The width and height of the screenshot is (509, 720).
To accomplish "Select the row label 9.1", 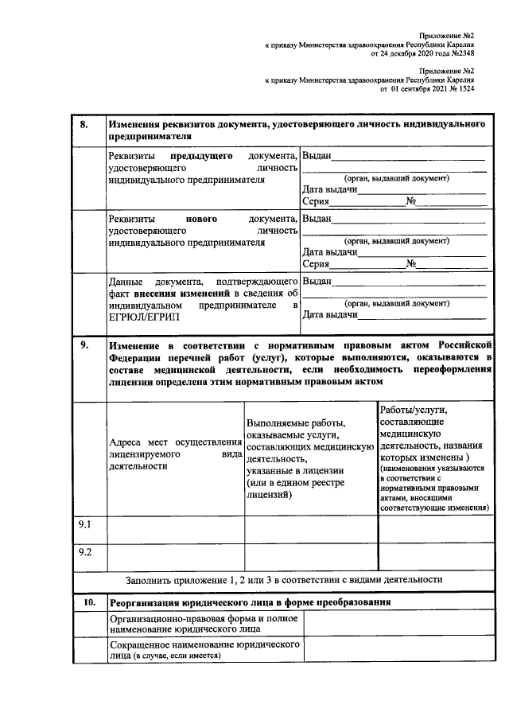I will pyautogui.click(x=85, y=525).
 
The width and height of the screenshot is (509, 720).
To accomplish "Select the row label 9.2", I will pyautogui.click(x=85, y=551).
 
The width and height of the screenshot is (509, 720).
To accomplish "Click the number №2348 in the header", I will pyautogui.click(x=460, y=56).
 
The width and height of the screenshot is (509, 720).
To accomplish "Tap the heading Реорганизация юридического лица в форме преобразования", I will pyautogui.click(x=250, y=602).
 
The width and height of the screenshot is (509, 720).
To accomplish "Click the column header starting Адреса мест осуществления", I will pyautogui.click(x=174, y=454).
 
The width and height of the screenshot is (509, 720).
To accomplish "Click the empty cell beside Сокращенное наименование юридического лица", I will pyautogui.click(x=398, y=649).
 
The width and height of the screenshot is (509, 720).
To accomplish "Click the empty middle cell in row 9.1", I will pyautogui.click(x=310, y=528).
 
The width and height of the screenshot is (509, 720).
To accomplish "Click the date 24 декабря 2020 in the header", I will pyautogui.click(x=405, y=56).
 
